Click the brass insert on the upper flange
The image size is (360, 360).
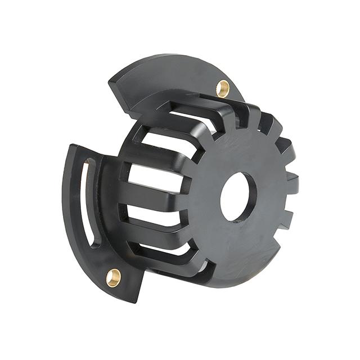click(223, 88)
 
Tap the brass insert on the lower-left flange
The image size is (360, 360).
click(114, 276)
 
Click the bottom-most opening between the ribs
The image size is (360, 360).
click(169, 250)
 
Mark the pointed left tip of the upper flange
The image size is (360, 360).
click(110, 85)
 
